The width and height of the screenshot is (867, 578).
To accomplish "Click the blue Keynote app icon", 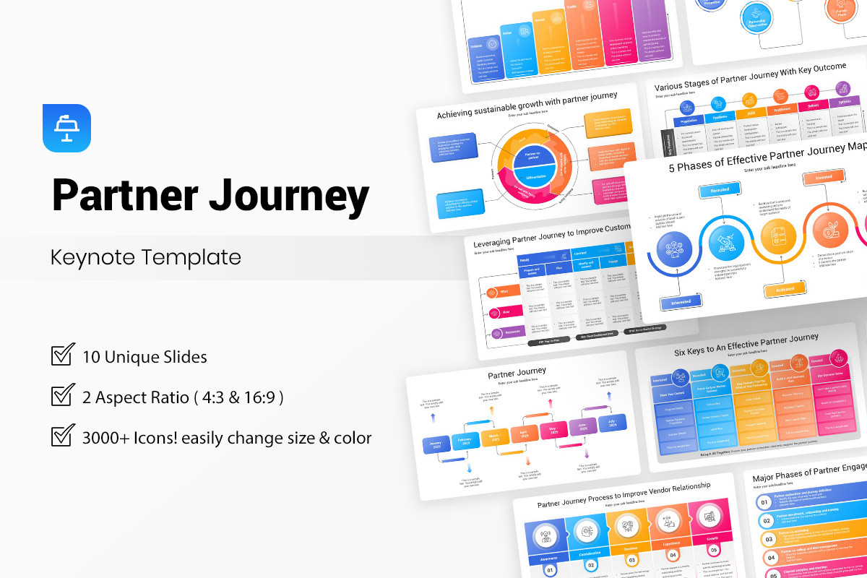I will coord(66,128).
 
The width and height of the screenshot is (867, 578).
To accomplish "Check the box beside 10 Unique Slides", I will coord(63,355).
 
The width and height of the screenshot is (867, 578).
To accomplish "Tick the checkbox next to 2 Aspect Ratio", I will coord(63,396).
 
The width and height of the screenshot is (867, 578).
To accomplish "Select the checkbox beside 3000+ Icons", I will coord(63,436).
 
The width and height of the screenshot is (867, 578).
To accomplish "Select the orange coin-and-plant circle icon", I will coord(829,231).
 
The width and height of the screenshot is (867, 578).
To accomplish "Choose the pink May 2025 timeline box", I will coord(553,432).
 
